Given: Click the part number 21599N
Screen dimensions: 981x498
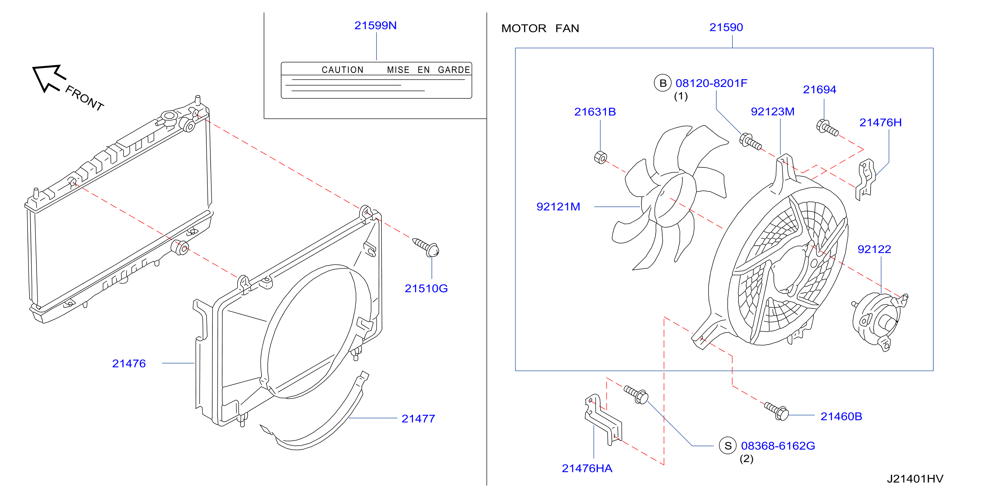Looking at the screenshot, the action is coord(375,26).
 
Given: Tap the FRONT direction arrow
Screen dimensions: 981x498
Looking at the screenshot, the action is coord(49,78).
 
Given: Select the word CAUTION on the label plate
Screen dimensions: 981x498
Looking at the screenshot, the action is coord(342,70).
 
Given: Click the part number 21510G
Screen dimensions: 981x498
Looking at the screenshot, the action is coord(426,289).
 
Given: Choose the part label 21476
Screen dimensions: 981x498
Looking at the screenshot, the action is coord(129,363).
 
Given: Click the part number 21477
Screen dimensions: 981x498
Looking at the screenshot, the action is coord(418,419).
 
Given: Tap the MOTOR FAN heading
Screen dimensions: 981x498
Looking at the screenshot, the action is coord(540,28).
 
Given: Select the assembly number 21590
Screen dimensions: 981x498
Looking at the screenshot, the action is coord(726,28).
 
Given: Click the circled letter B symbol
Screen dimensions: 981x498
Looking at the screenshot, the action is coord(663,83).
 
